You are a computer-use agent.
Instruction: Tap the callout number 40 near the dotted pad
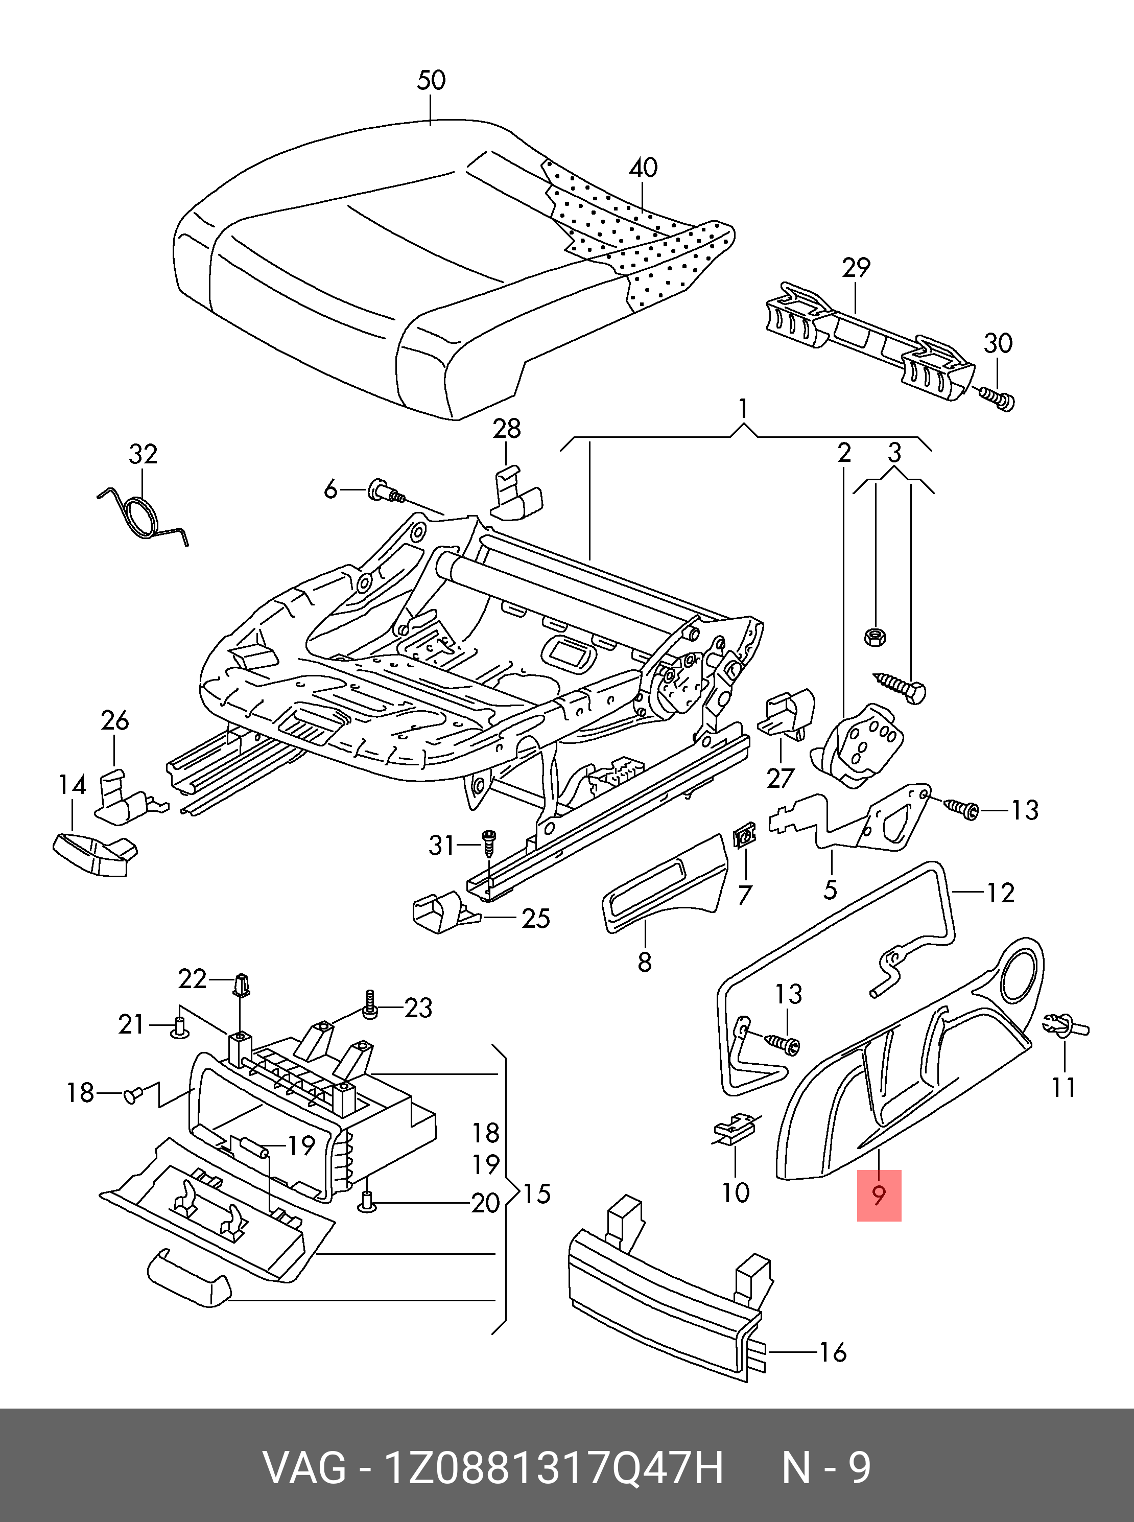[x=643, y=168]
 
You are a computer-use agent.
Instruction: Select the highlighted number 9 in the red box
[x=879, y=1195]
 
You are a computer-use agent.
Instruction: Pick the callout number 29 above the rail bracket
[x=856, y=268]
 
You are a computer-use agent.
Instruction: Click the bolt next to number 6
[x=387, y=490]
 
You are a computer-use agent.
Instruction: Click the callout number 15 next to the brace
[x=537, y=1194]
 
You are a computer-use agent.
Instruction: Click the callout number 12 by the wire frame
[x=1000, y=893]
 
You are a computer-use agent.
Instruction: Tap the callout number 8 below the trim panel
[x=644, y=963]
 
